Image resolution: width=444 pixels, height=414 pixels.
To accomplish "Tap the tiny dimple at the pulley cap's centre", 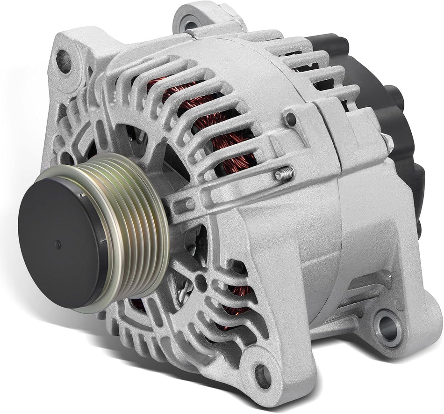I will click(x=57, y=244).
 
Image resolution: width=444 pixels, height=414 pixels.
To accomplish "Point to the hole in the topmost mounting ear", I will click(x=190, y=22).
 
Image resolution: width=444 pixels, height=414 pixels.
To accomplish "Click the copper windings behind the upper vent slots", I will click(x=206, y=117).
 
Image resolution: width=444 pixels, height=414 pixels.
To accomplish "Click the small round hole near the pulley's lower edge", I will click(x=202, y=283).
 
